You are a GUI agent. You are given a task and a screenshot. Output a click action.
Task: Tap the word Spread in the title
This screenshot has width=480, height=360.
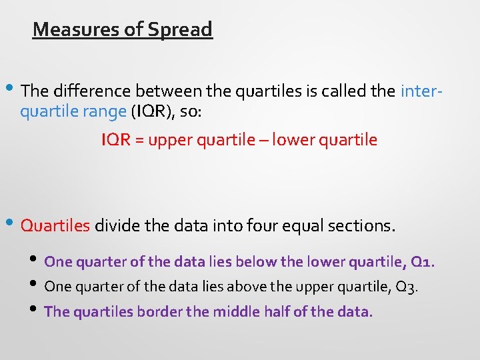[180, 29]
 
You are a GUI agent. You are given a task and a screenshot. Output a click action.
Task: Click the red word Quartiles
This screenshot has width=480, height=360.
[55, 226]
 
